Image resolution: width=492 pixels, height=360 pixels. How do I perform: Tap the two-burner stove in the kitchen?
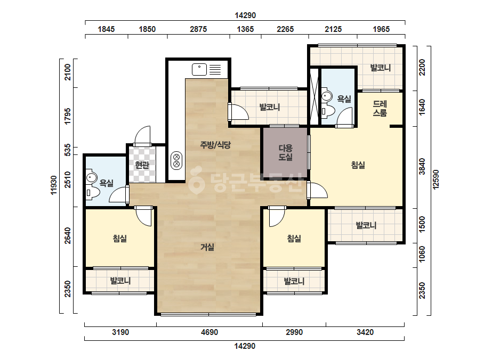(x=176, y=160)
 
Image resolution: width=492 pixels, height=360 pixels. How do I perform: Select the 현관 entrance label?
(x=142, y=165)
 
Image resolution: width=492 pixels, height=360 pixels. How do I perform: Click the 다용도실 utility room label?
(x=286, y=152)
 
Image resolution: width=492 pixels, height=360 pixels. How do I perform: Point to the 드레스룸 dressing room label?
(x=380, y=108)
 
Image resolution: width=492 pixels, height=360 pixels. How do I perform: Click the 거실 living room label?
(x=207, y=247)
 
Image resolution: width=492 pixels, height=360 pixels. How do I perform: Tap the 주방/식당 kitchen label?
(x=215, y=145)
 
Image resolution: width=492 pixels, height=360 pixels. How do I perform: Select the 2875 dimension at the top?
(x=198, y=29)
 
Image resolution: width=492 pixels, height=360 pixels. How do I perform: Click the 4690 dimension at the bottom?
(x=209, y=332)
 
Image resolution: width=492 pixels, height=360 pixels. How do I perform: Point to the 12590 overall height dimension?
(x=436, y=179)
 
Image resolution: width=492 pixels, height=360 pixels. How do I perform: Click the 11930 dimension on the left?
(x=54, y=185)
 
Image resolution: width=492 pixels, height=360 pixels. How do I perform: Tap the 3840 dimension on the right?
(x=422, y=167)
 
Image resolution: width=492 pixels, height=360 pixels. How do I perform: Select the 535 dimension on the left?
(x=68, y=151)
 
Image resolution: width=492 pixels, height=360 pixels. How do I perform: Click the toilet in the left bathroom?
(x=92, y=193)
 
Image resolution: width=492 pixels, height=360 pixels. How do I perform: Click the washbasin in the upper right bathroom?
(x=327, y=96)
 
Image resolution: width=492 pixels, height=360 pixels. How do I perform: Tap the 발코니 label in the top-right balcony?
(x=380, y=68)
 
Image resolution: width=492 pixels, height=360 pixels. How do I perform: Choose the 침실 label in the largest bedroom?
(x=358, y=165)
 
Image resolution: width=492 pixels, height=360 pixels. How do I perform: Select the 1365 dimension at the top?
(x=245, y=29)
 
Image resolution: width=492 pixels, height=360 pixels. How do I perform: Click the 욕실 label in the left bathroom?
(x=106, y=183)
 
